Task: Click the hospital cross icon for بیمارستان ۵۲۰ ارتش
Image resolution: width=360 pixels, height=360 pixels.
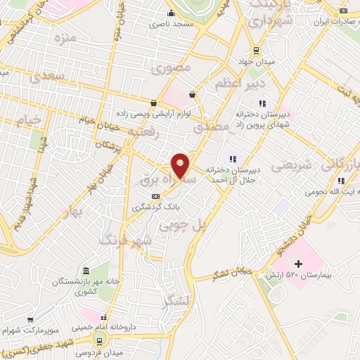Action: tap(298, 264)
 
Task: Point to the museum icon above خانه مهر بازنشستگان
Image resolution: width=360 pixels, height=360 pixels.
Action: tap(86, 271)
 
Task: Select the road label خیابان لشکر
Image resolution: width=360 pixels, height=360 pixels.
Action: tap(232, 273)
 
